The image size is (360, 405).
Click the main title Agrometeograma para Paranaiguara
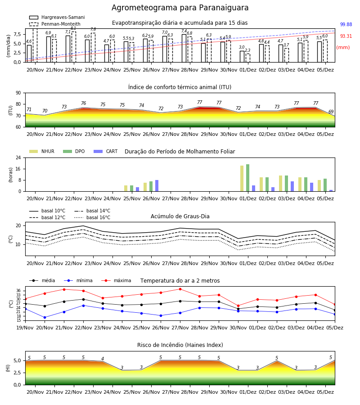tap(180, 8)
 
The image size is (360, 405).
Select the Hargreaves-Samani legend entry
tap(57, 17)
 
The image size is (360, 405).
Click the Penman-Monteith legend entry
tap(55, 24)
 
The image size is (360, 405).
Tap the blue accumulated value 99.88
tap(346, 25)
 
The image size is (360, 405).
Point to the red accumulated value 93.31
tap(346, 36)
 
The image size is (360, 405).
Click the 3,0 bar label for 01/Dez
tap(242, 47)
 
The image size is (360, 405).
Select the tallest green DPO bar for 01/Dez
tap(247, 178)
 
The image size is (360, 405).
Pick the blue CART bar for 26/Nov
tap(157, 186)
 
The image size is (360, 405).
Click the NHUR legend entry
tap(42, 151)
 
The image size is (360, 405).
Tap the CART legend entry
tap(106, 151)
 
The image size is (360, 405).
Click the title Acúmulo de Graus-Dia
tap(180, 216)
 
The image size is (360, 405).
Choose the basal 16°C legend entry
tap(92, 217)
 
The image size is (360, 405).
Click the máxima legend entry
tap(117, 280)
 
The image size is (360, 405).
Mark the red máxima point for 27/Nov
tap(180, 289)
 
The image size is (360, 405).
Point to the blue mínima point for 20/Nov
tap(45, 317)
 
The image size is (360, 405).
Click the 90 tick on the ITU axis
tap(18, 93)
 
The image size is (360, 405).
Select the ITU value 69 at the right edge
tap(331, 112)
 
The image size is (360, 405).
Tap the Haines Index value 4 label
tap(103, 359)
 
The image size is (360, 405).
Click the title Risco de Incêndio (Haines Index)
tap(180, 345)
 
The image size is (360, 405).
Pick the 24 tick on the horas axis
tap(18, 157)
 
